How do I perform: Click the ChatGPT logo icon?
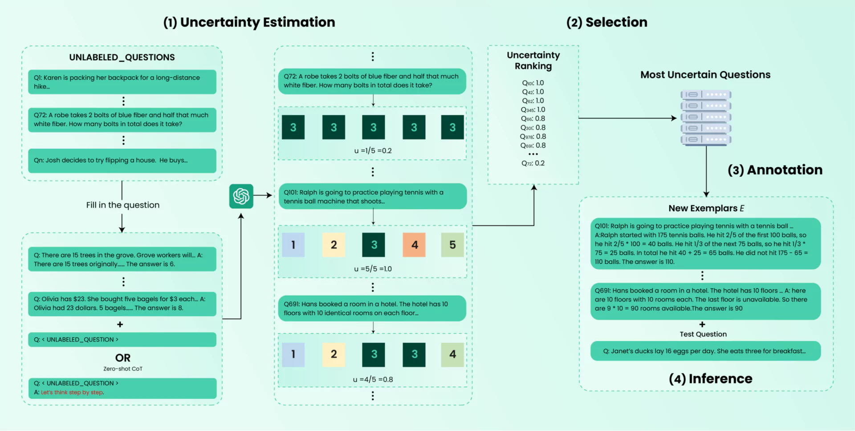click(241, 196)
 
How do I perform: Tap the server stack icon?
click(706, 117)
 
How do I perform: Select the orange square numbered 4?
click(414, 244)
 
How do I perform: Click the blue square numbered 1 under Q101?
click(293, 244)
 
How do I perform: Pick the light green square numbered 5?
click(452, 244)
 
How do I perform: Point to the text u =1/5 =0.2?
click(373, 151)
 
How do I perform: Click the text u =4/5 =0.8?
click(373, 379)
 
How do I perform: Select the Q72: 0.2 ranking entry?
click(533, 163)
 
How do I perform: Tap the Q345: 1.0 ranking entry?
click(533, 110)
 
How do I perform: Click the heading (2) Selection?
click(607, 22)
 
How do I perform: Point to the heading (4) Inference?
click(710, 379)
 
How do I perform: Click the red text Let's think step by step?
click(72, 392)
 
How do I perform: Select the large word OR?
click(123, 358)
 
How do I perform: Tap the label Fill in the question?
click(123, 205)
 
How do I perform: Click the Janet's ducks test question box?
click(705, 351)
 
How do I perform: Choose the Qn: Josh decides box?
click(122, 160)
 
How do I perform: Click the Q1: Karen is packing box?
click(122, 82)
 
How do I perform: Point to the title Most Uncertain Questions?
click(705, 75)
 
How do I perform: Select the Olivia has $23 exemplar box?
click(122, 304)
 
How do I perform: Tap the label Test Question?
click(703, 334)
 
